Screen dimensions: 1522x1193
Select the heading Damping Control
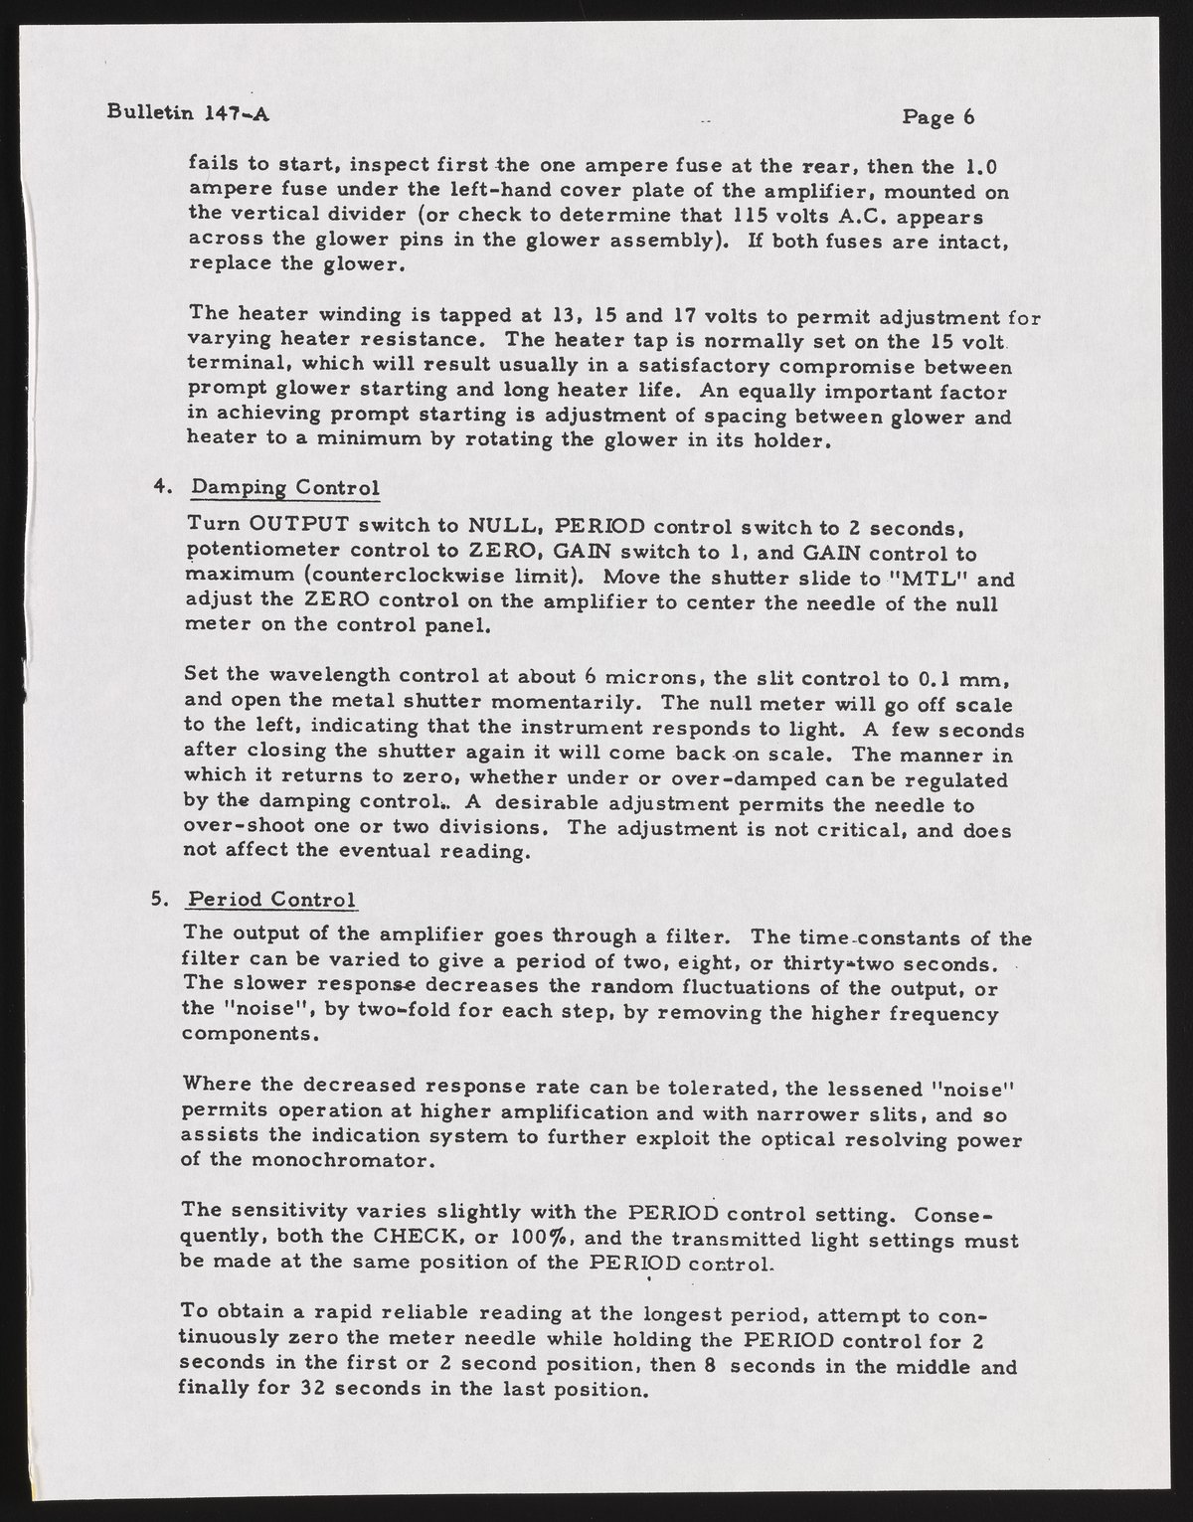click(285, 489)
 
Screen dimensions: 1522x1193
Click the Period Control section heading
click(272, 899)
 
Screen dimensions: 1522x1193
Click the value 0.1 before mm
click(936, 682)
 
